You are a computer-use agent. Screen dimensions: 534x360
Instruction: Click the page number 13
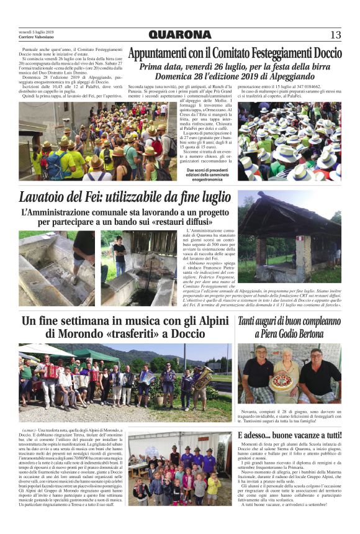click(x=335, y=35)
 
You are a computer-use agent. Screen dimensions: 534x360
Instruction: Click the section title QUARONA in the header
click(x=180, y=35)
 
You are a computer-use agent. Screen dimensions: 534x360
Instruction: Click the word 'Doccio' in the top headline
click(x=323, y=53)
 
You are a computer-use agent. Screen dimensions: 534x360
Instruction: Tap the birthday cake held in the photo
click(x=281, y=381)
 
